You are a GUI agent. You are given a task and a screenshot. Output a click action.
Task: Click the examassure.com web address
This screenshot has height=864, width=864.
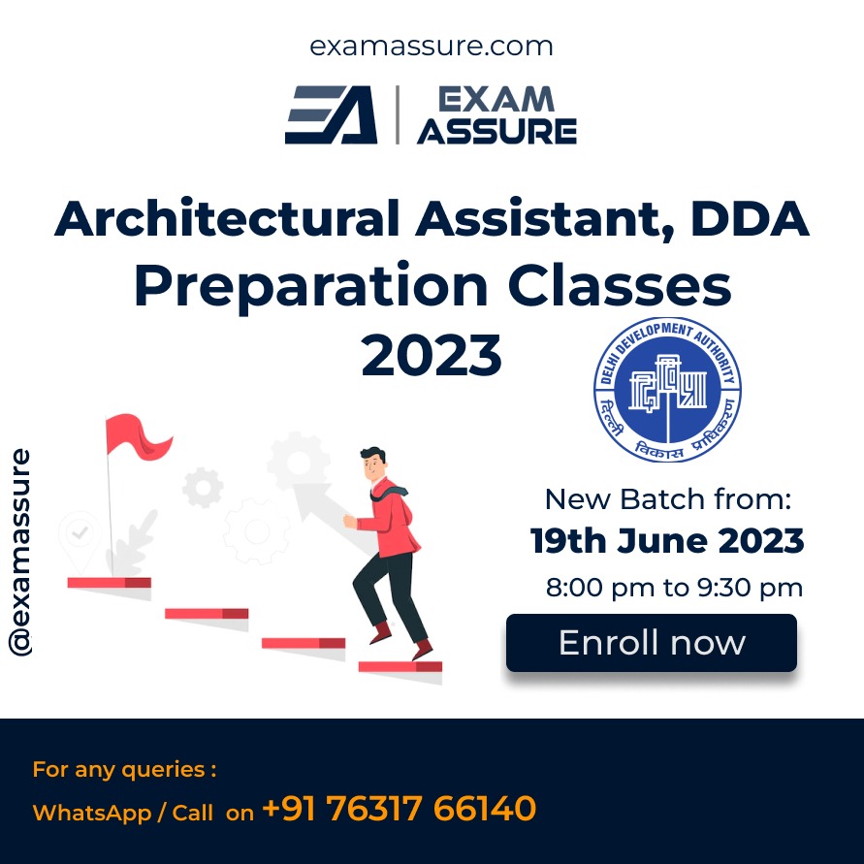(x=432, y=47)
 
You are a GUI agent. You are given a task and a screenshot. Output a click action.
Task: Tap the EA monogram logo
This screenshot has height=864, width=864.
(x=332, y=114)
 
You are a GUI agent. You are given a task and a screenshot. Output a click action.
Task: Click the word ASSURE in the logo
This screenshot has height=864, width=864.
(x=497, y=131)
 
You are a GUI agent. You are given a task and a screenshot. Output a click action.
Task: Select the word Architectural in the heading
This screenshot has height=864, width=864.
(x=227, y=218)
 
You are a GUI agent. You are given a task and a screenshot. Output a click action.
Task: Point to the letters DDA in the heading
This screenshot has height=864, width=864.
(x=750, y=219)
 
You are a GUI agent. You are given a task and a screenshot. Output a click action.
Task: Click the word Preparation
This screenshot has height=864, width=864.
(x=311, y=286)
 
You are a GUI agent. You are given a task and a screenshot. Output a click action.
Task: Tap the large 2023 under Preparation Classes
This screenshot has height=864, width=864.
(x=432, y=356)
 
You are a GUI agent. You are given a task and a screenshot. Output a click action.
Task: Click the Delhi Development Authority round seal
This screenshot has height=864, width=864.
(x=667, y=390)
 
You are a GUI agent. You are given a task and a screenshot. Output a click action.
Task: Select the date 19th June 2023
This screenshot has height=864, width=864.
(x=667, y=540)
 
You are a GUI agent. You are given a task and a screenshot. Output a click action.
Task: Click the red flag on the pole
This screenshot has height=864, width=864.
(x=137, y=436)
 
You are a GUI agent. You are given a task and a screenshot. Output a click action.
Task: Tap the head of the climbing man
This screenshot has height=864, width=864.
(x=373, y=464)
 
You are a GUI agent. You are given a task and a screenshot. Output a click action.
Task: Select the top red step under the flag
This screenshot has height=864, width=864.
(x=110, y=583)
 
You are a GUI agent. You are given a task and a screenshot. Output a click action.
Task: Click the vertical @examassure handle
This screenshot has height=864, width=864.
(x=19, y=553)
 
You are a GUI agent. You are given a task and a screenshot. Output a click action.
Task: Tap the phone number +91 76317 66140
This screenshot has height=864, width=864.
(x=399, y=809)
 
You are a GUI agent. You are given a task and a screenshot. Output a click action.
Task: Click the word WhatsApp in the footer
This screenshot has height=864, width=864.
(x=91, y=814)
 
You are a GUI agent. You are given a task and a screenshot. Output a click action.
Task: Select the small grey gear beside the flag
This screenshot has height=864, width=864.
(x=203, y=488)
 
